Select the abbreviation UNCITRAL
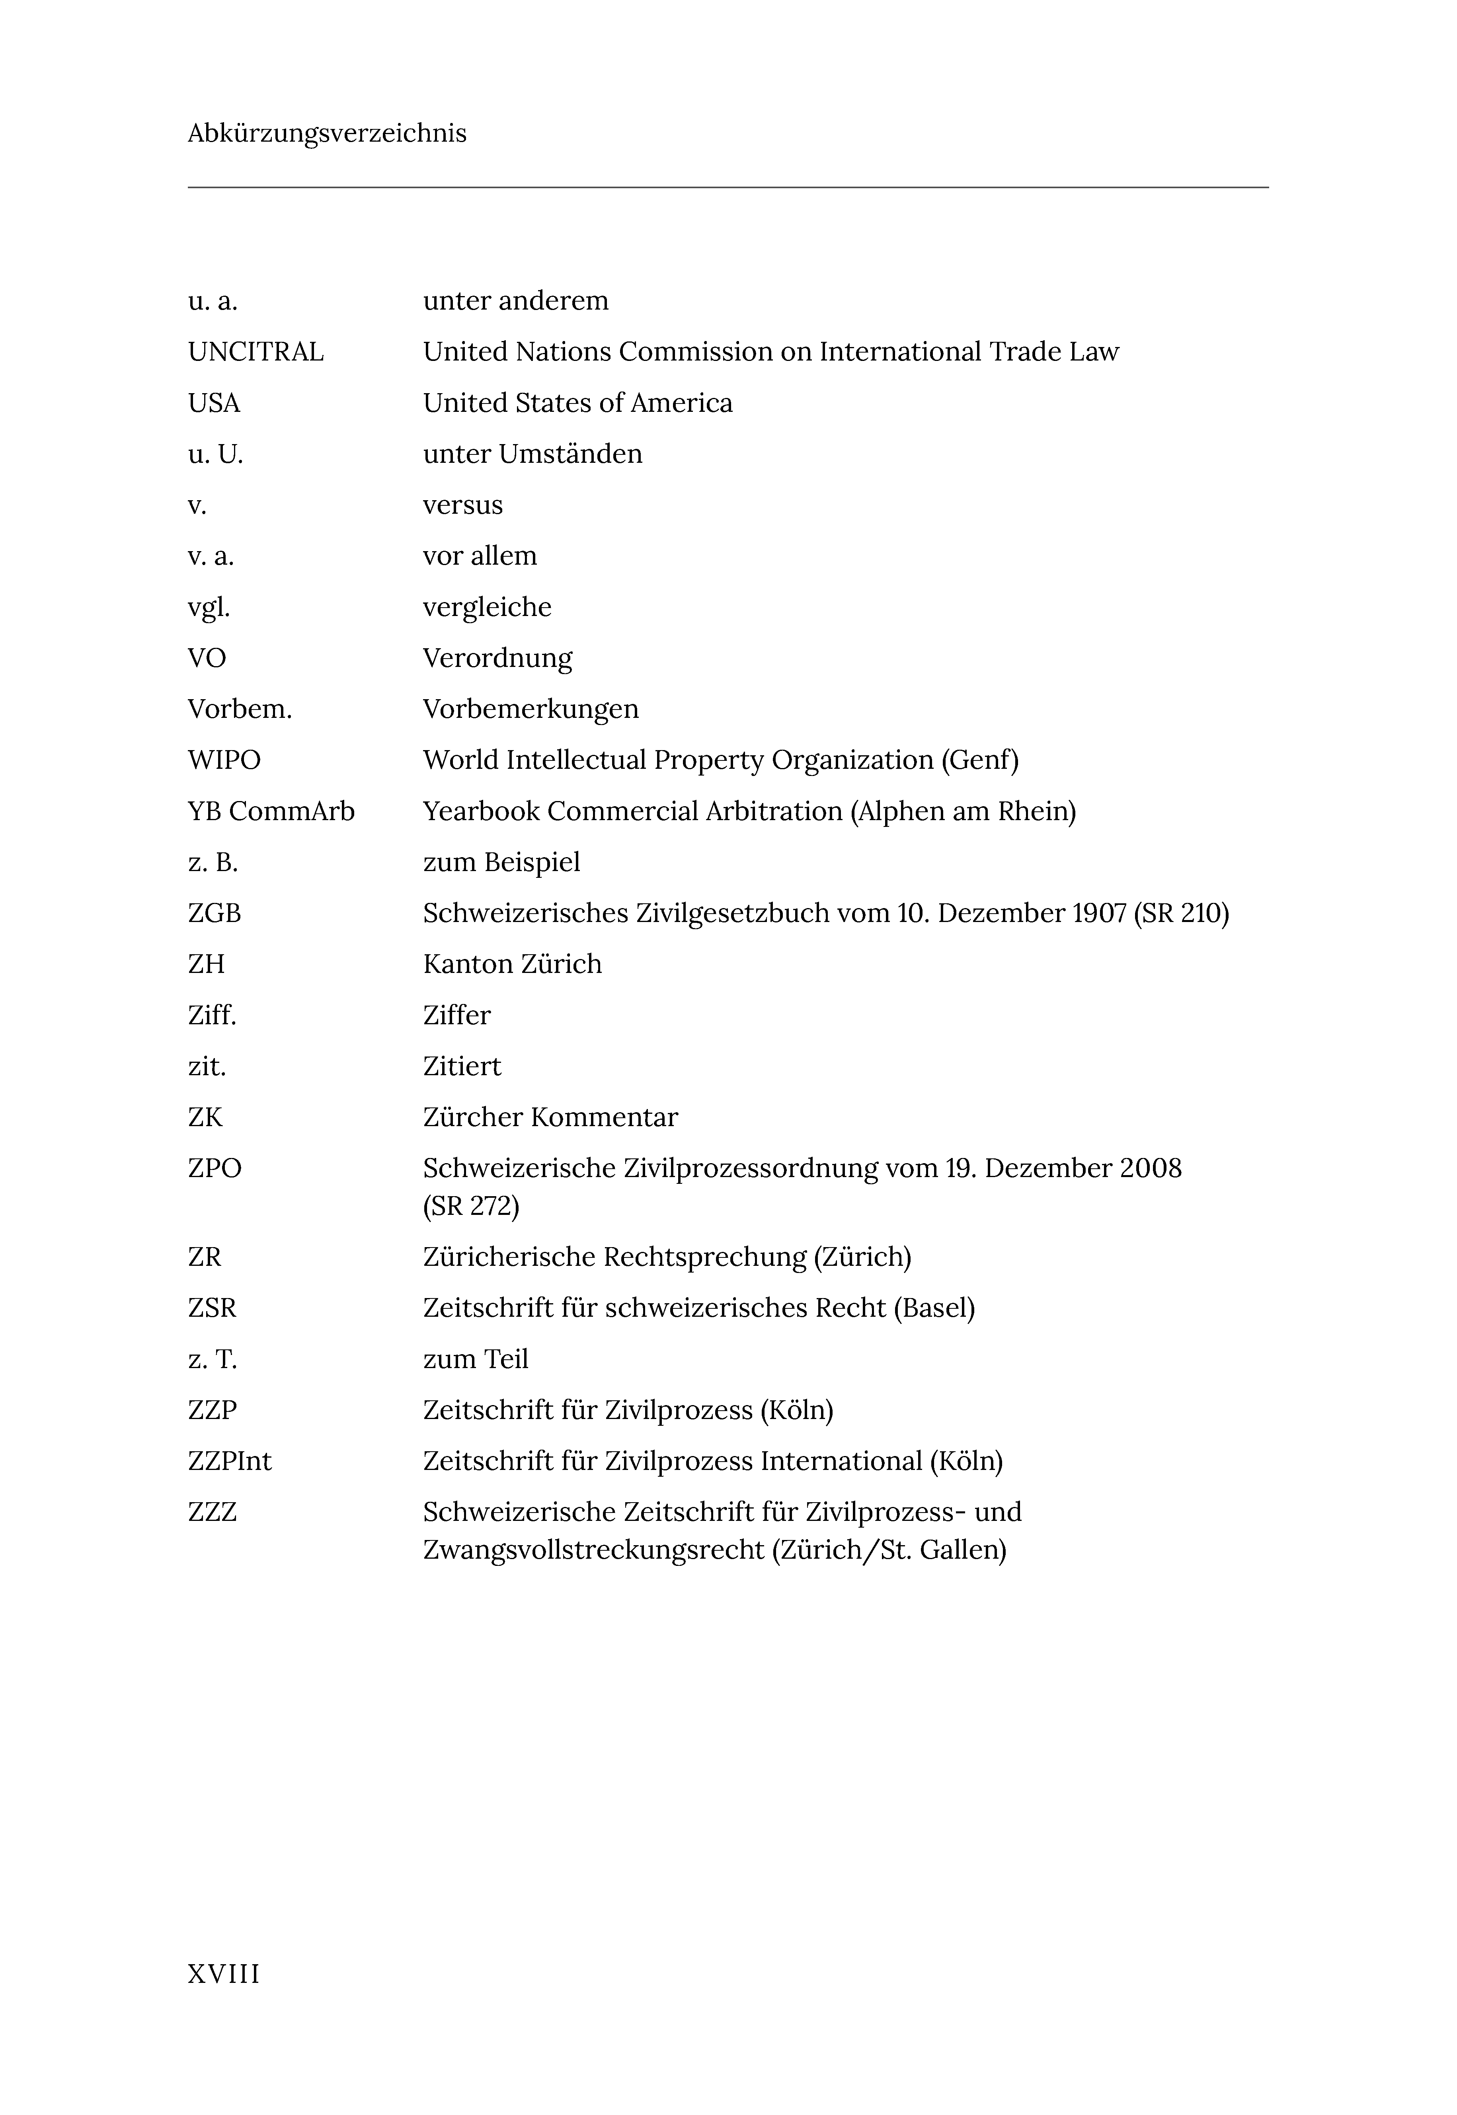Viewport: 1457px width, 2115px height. (x=256, y=352)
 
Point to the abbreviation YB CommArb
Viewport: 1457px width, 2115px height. (x=271, y=811)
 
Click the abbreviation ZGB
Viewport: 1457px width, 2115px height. (x=215, y=914)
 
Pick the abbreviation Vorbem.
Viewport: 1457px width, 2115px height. (x=240, y=709)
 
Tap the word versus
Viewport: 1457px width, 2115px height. (x=463, y=506)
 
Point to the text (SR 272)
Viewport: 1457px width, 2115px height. (x=471, y=1207)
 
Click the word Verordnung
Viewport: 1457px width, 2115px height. (x=497, y=658)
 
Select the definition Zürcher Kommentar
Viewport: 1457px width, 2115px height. (x=550, y=1117)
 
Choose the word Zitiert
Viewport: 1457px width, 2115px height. (x=462, y=1066)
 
